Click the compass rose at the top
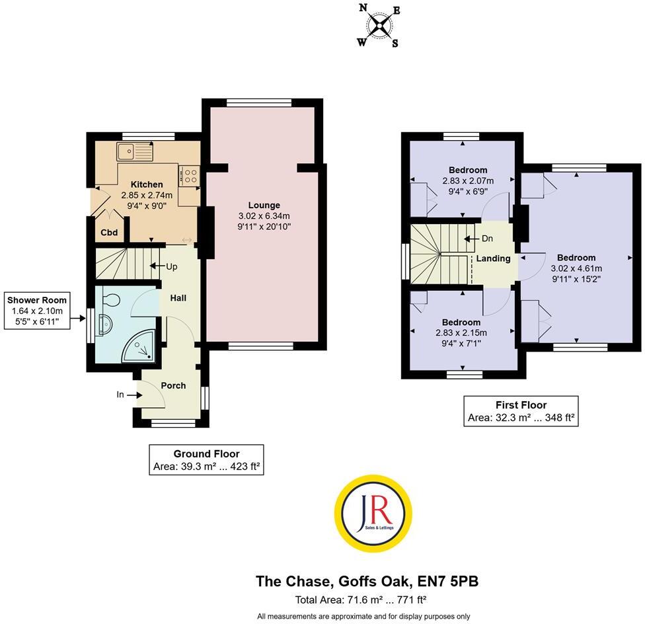[379, 25]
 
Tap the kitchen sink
[134, 151]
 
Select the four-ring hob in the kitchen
[190, 176]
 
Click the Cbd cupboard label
[109, 233]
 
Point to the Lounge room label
[264, 205]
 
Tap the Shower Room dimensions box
[38, 311]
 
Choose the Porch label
[174, 385]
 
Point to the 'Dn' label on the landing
[487, 239]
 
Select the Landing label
[493, 258]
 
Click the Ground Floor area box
[206, 460]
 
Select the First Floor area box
[521, 411]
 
